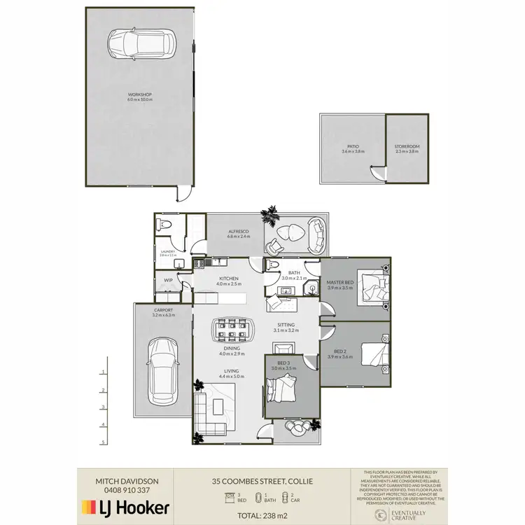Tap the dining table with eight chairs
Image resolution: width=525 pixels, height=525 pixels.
[x=232, y=329]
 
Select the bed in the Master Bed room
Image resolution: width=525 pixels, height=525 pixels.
[x=371, y=287]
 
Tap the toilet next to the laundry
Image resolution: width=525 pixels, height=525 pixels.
[x=164, y=225]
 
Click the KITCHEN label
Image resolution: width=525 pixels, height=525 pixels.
[x=228, y=278]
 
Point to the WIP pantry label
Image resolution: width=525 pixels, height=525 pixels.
[x=168, y=280]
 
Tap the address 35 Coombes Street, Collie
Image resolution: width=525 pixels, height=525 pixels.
[x=262, y=481]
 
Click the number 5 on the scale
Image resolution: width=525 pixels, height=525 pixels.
[x=103, y=442]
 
